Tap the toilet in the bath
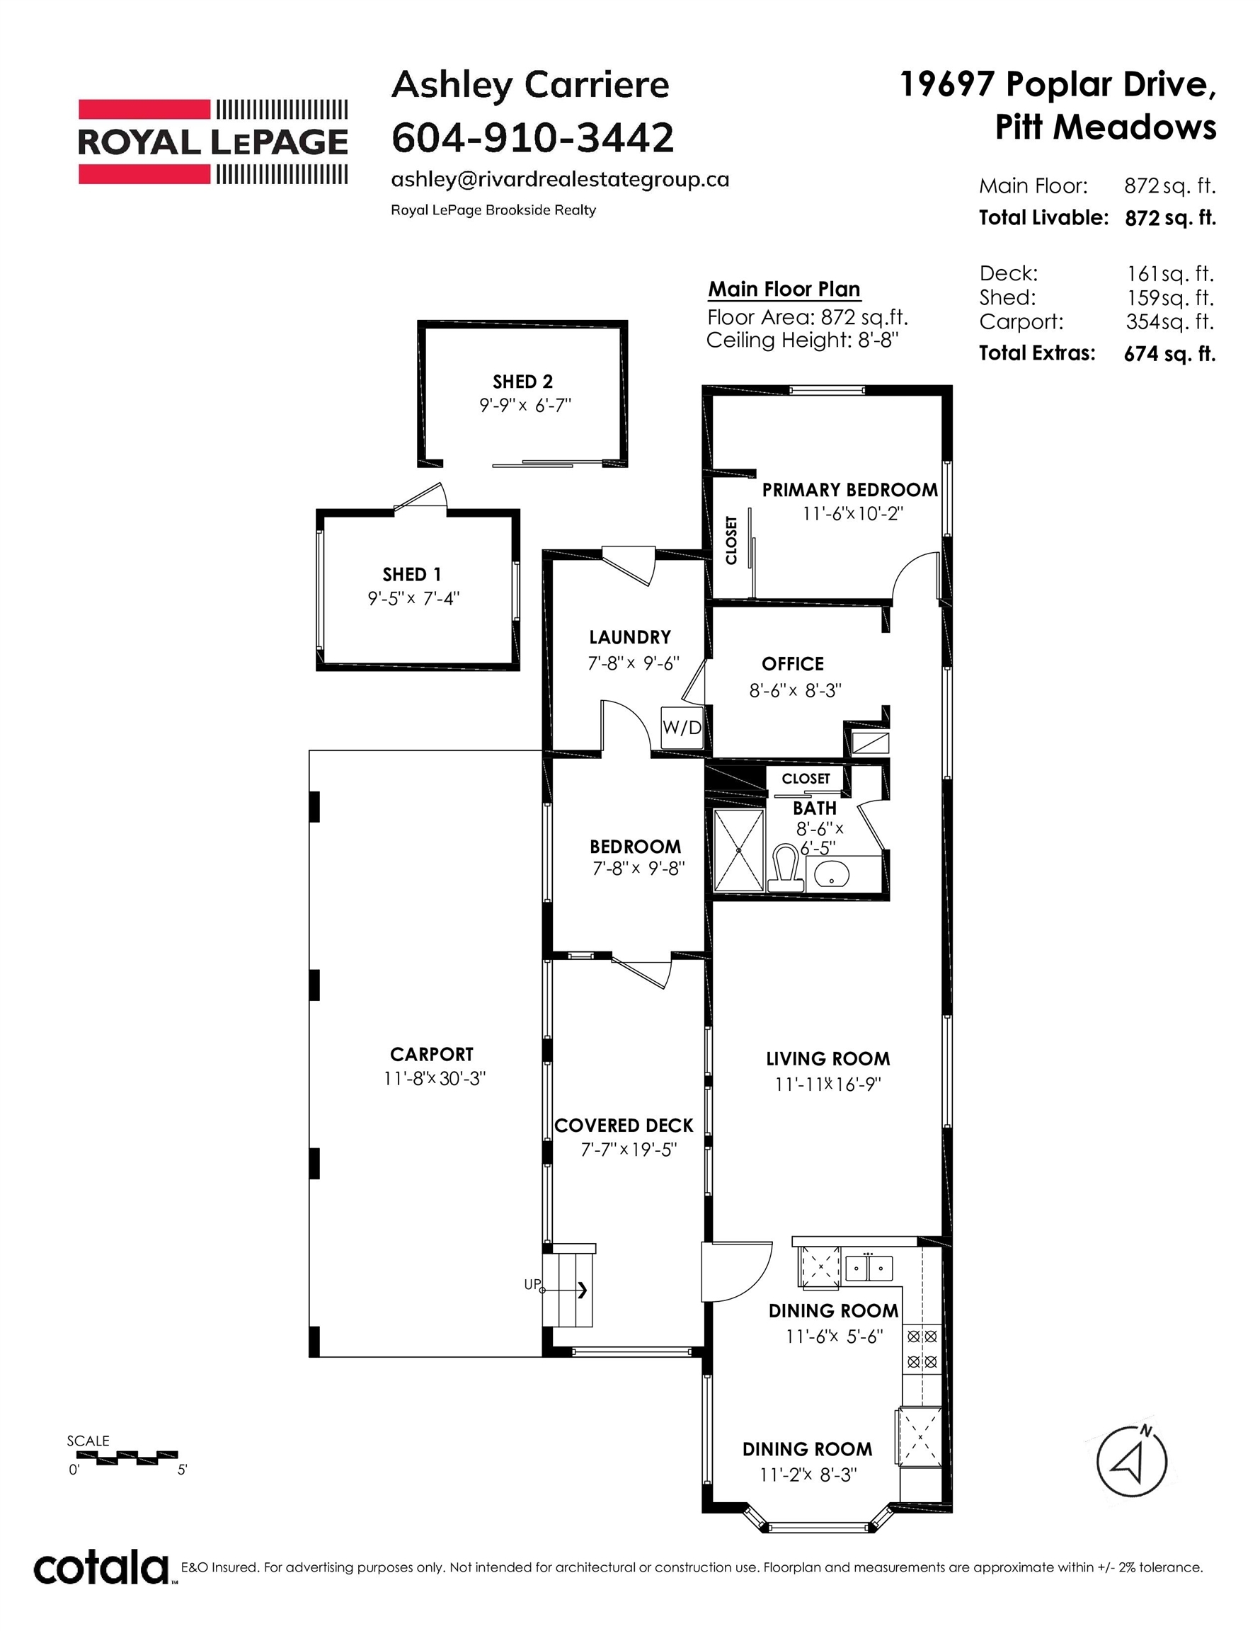pos(784,869)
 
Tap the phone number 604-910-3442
pos(532,137)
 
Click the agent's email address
pos(559,180)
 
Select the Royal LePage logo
pos(213,142)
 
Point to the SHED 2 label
pos(522,382)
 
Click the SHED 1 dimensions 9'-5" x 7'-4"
pos(413,598)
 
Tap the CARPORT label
pos(431,1054)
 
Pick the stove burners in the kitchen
pos(921,1349)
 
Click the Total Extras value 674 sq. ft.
pos(1169,353)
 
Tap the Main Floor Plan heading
pos(784,289)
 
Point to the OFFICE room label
pos(792,664)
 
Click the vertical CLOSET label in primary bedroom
pos(731,540)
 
